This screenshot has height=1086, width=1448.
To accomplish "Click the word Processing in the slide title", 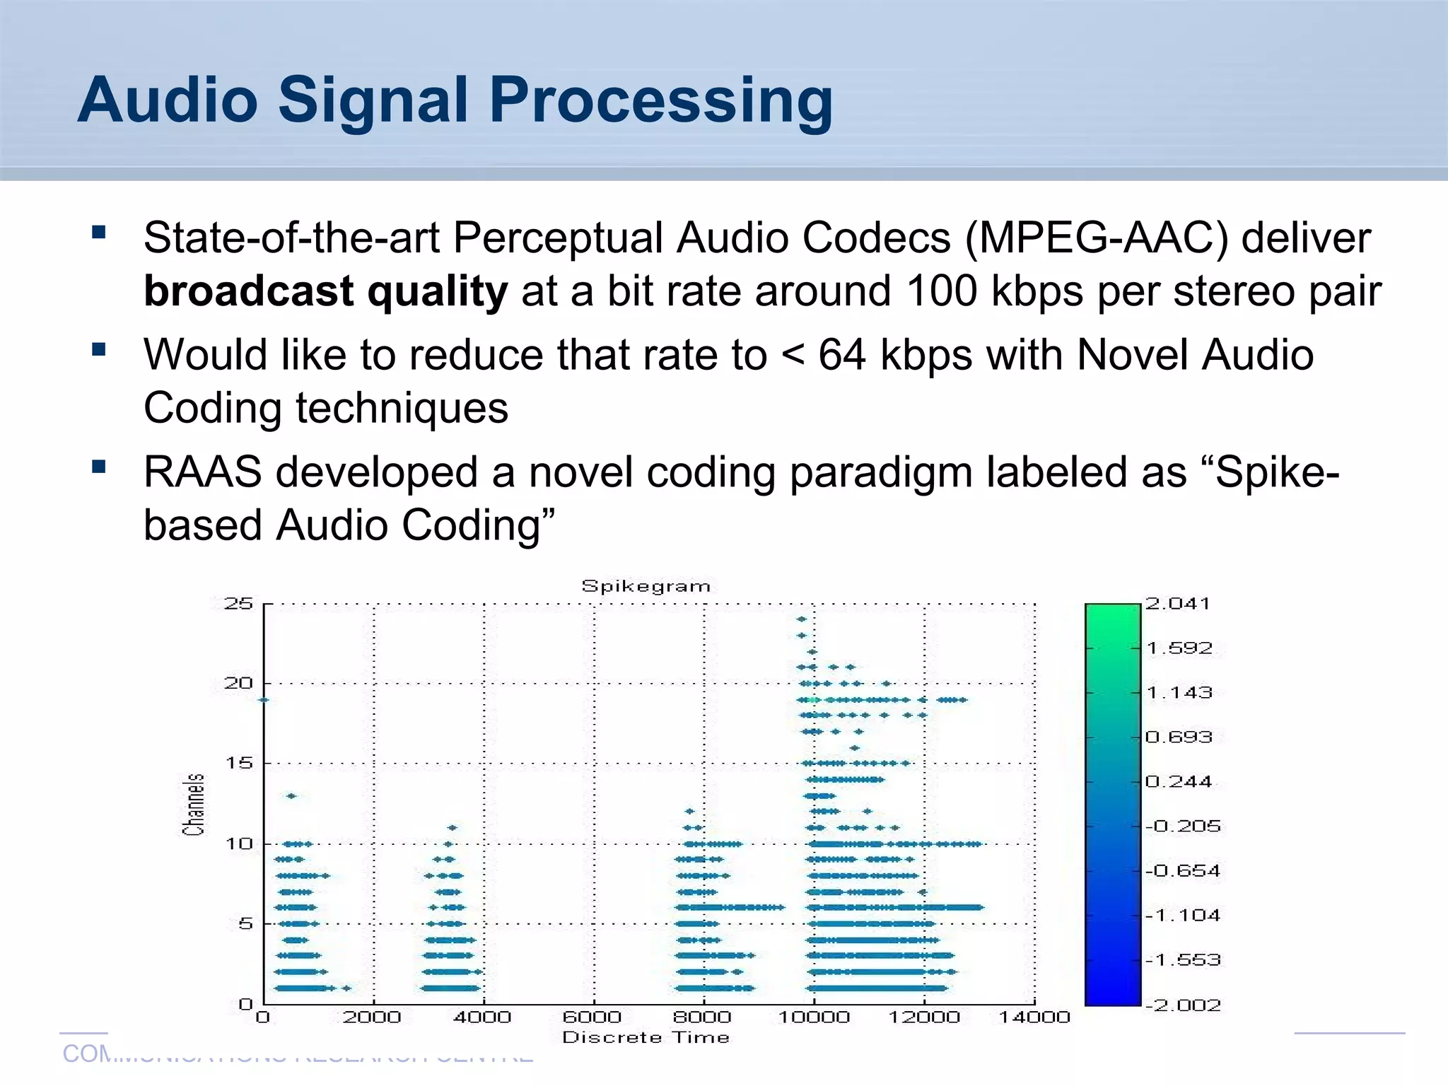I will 660,101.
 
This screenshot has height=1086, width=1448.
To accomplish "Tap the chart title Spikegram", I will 646,586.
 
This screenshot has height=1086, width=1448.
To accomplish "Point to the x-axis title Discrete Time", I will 646,1037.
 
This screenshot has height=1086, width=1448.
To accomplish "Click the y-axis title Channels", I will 194,805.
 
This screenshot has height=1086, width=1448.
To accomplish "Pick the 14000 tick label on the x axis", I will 1034,1017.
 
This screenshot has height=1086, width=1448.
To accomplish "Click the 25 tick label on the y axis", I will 238,604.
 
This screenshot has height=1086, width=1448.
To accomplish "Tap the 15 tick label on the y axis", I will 238,764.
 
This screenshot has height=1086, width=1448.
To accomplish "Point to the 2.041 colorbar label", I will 1178,604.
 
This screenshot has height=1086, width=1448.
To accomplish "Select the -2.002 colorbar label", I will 1184,1005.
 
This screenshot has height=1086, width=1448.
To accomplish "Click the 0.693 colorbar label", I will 1179,737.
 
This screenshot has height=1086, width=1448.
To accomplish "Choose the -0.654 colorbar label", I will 1184,871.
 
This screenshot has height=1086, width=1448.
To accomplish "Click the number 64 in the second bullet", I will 841,355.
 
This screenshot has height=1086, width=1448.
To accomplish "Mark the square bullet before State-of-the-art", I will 99,232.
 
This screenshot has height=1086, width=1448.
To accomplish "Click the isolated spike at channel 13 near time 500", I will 291,796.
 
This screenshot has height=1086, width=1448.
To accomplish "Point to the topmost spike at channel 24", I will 801,619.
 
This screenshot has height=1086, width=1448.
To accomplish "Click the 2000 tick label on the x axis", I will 372,1017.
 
